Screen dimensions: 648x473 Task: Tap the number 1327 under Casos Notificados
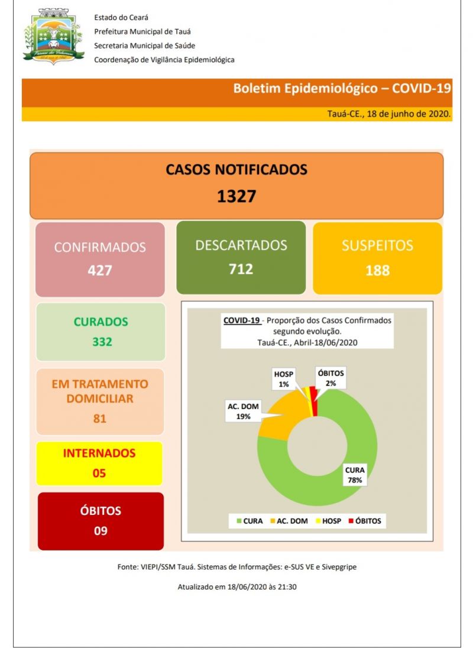point(236,196)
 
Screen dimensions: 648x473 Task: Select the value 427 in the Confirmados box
point(100,271)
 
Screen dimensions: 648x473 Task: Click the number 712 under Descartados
point(241,269)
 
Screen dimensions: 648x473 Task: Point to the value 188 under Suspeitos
point(377,270)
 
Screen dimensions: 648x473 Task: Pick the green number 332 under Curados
point(102,341)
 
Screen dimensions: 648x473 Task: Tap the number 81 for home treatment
point(99,419)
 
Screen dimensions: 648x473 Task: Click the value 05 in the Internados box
point(99,473)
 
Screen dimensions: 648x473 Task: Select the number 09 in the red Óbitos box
point(101,530)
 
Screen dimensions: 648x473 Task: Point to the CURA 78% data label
point(355,475)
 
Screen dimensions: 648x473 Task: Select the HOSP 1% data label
point(284,379)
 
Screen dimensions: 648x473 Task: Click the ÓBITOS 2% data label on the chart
point(331,378)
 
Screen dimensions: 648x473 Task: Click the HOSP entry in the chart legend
point(329,521)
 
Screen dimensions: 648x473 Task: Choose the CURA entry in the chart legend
point(250,521)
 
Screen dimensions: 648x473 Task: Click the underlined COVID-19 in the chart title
point(241,320)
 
